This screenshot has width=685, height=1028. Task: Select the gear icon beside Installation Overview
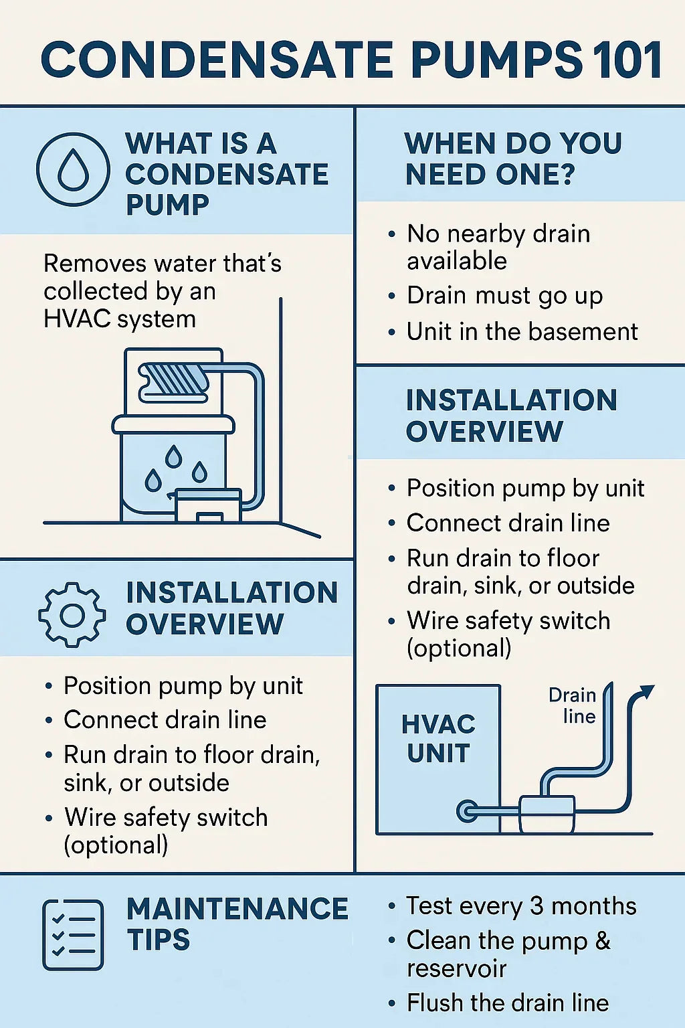72,615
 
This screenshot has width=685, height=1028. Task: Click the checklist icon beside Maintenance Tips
73,935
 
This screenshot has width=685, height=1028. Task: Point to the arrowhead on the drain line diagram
646,691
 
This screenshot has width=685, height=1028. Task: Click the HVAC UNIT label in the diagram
438,739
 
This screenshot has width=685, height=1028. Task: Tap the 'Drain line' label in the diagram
573,706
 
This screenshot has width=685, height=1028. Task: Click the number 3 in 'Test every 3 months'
537,906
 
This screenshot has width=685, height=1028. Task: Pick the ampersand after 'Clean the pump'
603,940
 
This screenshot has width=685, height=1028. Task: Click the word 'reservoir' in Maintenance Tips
456,969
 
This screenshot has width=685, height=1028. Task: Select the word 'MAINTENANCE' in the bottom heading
237,908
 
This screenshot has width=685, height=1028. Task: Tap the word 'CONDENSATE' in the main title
217,60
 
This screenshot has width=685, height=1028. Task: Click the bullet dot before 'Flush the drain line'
391,1004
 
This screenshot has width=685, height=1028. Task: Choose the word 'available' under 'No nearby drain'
457,260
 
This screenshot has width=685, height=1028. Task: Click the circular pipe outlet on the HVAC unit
467,811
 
